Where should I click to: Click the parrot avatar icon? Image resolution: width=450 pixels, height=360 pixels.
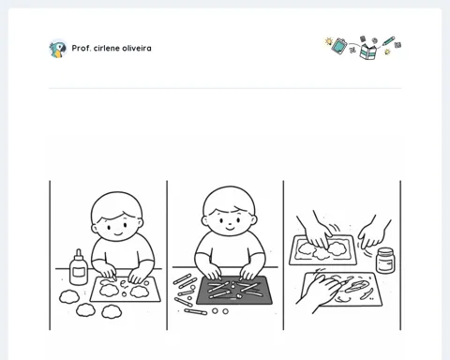(58, 49)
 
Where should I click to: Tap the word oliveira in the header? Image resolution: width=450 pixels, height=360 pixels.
(137, 49)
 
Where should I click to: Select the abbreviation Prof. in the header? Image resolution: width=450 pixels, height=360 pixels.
(82, 49)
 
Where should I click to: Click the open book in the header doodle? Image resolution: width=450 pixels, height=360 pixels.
(368, 52)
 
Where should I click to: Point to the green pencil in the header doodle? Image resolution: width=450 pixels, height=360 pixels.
(388, 41)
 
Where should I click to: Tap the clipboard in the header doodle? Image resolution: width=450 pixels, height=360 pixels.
(339, 46)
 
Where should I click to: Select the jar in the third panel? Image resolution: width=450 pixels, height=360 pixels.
(385, 261)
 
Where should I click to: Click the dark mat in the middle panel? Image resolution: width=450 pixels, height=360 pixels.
(234, 291)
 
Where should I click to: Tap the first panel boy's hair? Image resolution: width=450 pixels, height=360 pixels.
(116, 206)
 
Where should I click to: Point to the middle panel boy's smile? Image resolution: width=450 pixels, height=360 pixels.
(230, 229)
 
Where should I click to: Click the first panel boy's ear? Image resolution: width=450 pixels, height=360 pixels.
(94, 229)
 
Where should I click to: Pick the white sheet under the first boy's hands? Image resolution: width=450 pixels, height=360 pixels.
(126, 290)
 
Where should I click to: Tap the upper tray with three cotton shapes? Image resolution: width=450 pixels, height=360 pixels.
(322, 250)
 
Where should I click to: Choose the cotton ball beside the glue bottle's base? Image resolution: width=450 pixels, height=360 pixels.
(69, 296)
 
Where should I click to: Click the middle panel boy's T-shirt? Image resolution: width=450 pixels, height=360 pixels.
(230, 250)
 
